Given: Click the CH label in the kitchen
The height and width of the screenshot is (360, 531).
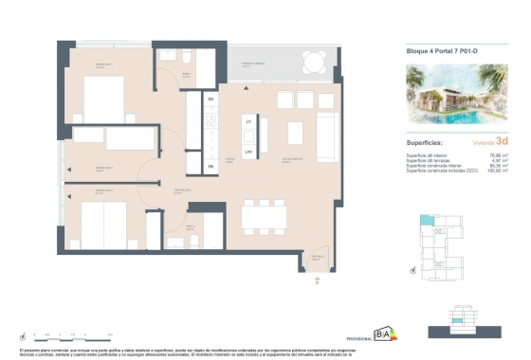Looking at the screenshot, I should click(211, 99).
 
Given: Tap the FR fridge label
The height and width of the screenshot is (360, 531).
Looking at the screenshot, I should click(211, 167).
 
